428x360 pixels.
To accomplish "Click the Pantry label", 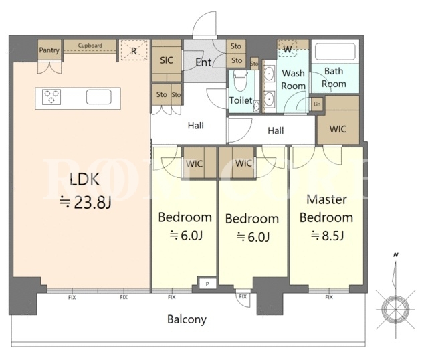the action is click(49, 50).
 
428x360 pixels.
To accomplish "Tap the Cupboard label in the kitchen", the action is click(90, 46).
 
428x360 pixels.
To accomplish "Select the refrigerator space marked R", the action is click(134, 50).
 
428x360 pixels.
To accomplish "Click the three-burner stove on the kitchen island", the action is click(51, 97).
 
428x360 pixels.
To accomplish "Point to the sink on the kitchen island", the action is click(99, 97).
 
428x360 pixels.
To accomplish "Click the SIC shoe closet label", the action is click(167, 60).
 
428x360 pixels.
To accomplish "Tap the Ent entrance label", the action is click(203, 62).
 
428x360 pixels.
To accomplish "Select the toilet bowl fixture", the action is click(241, 80).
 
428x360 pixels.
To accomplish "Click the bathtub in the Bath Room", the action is click(335, 52).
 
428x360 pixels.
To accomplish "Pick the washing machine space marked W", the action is click(287, 49).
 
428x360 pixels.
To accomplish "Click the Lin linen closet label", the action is click(317, 104).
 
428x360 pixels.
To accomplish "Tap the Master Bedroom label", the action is click(326, 209).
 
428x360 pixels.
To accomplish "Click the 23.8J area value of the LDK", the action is click(92, 203).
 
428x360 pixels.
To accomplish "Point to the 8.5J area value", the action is click(332, 235).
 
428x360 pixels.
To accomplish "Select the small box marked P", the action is click(207, 284).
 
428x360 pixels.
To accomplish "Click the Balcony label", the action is click(187, 319).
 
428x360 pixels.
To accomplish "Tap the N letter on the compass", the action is click(395, 255).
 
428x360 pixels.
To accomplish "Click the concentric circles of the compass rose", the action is click(395, 309).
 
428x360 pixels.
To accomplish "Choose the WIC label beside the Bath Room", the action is click(338, 129).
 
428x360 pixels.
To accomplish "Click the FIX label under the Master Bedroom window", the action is click(329, 297).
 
